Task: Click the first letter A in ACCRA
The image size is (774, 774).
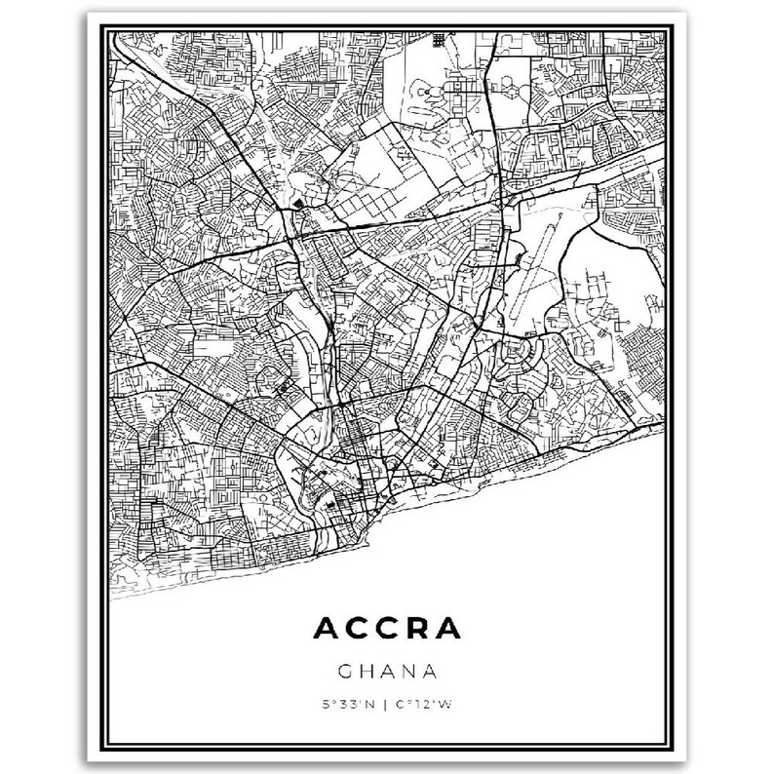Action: (325, 628)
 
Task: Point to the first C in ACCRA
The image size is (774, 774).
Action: (358, 628)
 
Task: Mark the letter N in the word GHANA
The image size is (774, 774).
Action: (408, 672)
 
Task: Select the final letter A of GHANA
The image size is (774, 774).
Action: (429, 672)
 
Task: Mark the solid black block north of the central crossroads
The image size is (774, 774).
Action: (298, 203)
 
